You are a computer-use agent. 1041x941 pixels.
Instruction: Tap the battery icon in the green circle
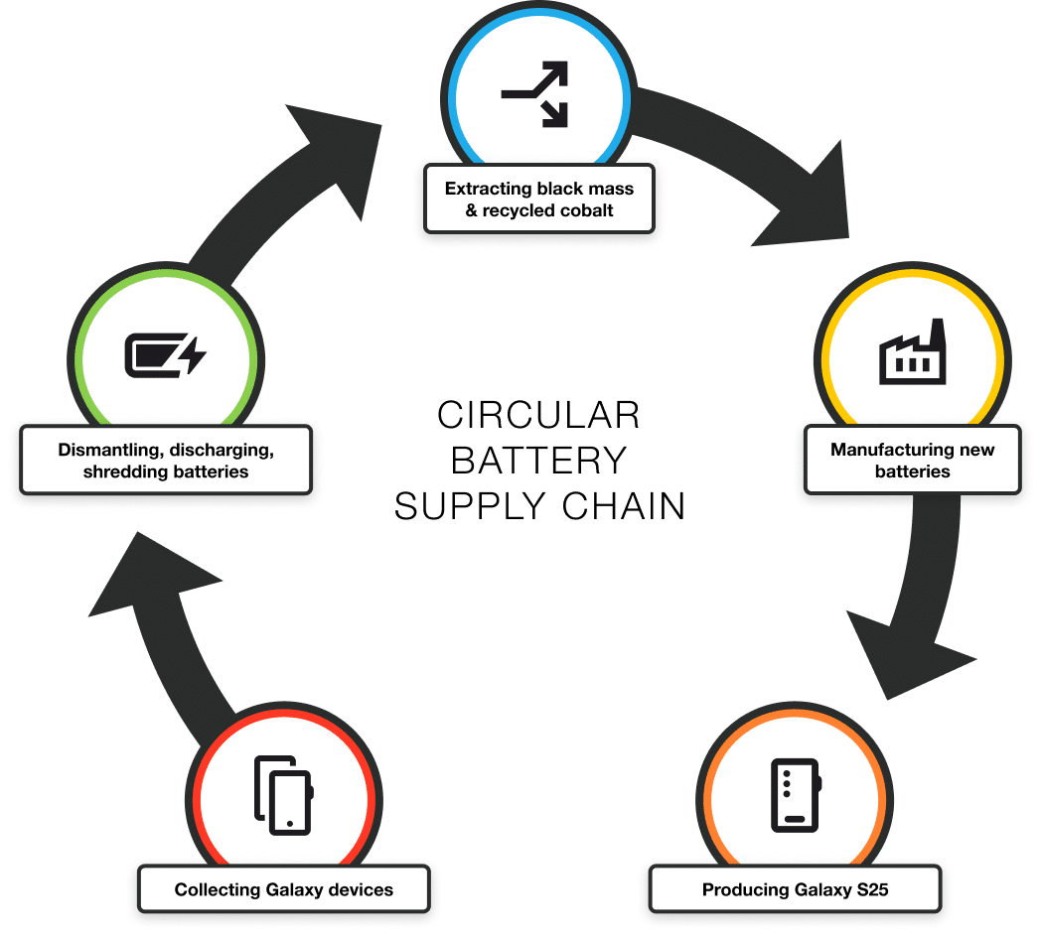[x=165, y=355]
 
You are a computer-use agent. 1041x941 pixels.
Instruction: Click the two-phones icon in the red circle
[x=284, y=793]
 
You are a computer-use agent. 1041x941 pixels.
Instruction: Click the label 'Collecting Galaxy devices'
[x=284, y=889]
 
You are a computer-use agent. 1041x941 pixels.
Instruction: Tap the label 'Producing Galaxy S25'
[x=795, y=889]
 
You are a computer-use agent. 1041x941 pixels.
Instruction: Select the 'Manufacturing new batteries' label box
[x=912, y=461]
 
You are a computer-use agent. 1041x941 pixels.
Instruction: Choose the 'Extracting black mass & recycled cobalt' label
[x=538, y=199]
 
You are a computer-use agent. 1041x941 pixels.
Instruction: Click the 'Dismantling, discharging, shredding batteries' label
[x=166, y=461]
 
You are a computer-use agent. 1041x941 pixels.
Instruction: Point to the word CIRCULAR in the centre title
[x=538, y=414]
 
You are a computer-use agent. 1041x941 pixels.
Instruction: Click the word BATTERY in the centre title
[x=538, y=460]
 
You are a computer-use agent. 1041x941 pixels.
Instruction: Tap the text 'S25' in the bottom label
[x=872, y=889]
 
